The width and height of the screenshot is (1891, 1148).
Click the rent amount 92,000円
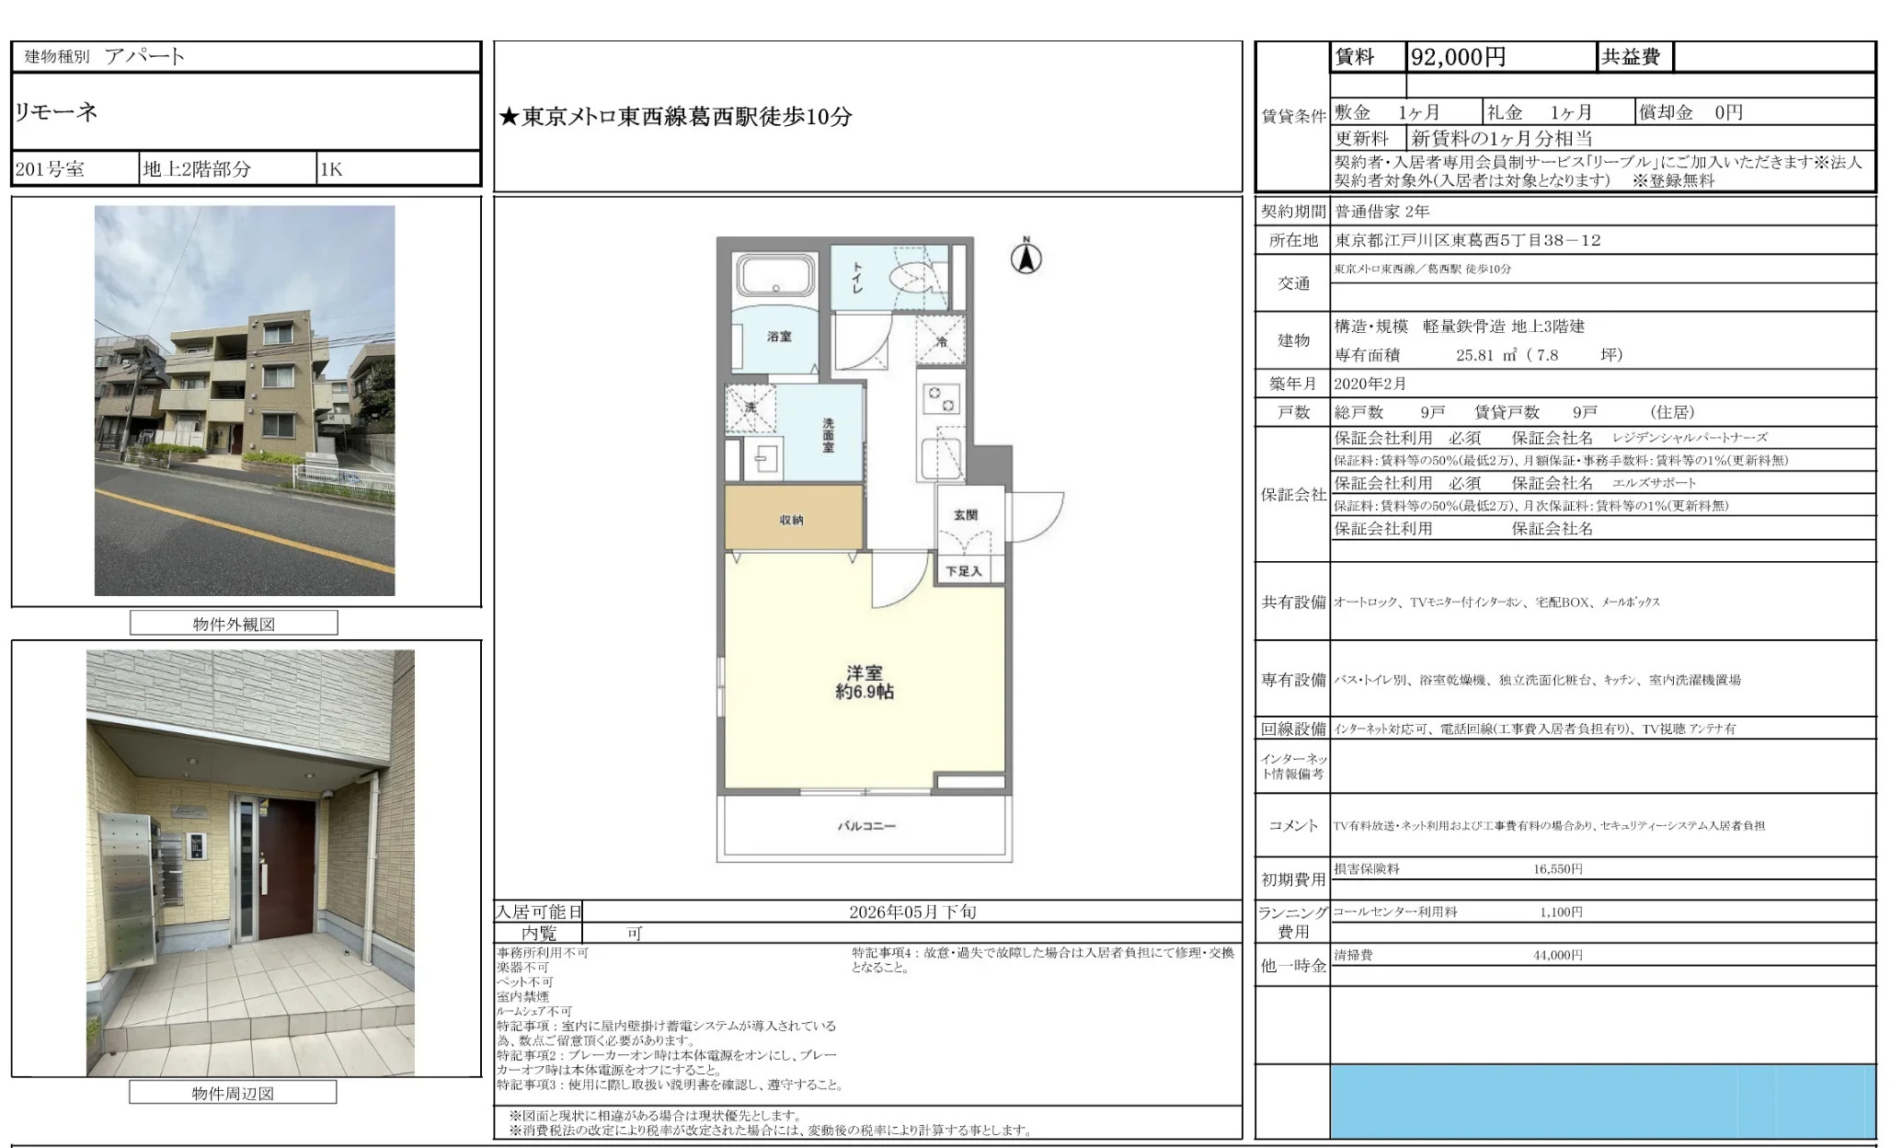[x=1458, y=57]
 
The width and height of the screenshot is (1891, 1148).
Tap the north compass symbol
[x=1026, y=258]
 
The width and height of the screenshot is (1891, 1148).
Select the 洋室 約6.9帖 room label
[x=864, y=682]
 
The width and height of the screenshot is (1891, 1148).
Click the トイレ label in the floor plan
[x=857, y=277]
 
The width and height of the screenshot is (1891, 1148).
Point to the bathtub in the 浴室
[x=775, y=274]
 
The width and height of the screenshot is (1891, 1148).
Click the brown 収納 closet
[x=793, y=519]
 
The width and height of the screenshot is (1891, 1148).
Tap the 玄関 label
[x=965, y=515]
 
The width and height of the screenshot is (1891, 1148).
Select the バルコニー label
[x=865, y=826]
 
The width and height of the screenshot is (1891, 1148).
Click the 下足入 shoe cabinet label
[x=963, y=571]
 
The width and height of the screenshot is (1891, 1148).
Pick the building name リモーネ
[x=56, y=112]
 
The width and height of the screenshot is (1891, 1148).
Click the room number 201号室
[x=50, y=169]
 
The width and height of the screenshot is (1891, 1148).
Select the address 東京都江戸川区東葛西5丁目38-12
[x=1467, y=240]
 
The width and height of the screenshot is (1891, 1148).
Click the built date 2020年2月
[x=1370, y=384]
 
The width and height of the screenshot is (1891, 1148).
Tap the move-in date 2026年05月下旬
[x=911, y=912]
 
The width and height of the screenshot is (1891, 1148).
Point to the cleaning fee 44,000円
[x=1557, y=955]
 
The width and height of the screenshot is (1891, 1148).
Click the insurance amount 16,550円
[x=1557, y=868]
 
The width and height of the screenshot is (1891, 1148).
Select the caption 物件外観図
[x=234, y=624]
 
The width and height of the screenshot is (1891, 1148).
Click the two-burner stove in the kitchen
[x=941, y=399]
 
